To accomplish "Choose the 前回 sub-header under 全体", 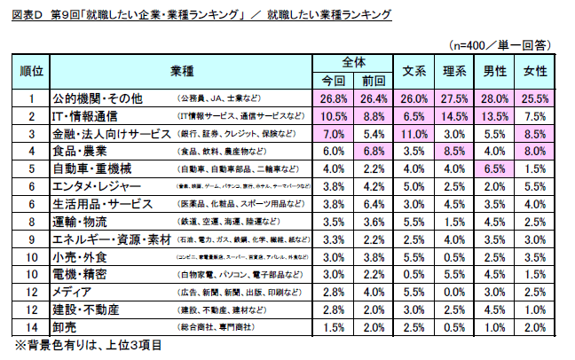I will tap(373, 80).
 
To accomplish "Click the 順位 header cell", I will tap(31, 71).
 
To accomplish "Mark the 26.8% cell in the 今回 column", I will tap(333, 98).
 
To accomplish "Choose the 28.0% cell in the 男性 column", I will tap(494, 98).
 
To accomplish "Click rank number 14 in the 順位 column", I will tap(31, 328).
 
